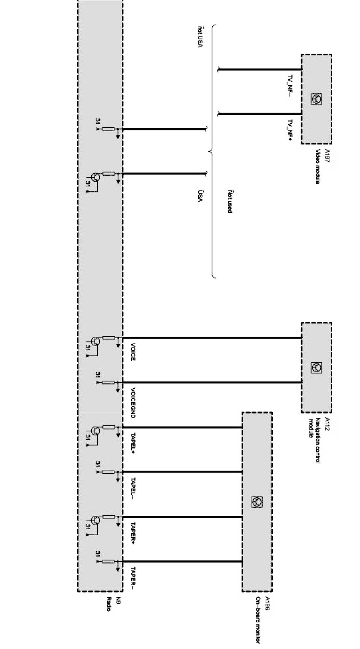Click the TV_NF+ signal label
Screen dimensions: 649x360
tap(290, 130)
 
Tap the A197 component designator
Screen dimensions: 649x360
tap(327, 156)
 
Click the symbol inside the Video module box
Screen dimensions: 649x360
tap(316, 99)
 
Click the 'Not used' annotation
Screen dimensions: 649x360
tap(230, 201)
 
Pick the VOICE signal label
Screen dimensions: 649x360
tap(133, 352)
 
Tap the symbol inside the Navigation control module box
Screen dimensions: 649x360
tap(316, 367)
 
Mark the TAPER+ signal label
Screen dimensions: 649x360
tap(133, 533)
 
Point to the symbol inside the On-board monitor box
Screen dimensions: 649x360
tap(257, 502)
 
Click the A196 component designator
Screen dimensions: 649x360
tap(268, 603)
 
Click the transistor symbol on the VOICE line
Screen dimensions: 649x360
tap(96, 341)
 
